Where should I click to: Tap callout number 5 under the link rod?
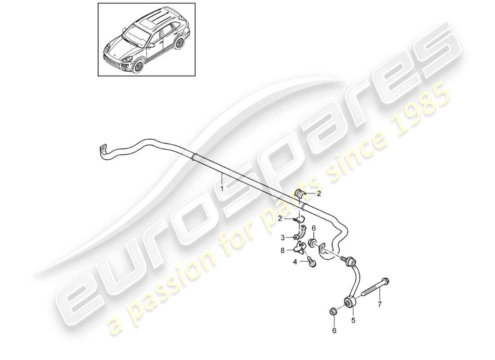pyautogui.click(x=353, y=320)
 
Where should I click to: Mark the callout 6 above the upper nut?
pyautogui.click(x=314, y=229)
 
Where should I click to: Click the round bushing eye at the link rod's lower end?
pyautogui.click(x=350, y=301)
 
